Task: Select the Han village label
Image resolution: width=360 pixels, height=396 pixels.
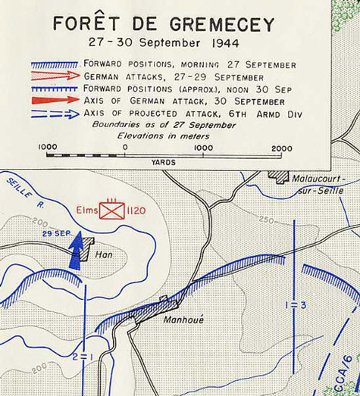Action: pos(104,255)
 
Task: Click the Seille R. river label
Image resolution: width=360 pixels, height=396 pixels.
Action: pos(23,192)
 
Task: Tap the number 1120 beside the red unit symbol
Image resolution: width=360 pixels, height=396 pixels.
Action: pos(136,210)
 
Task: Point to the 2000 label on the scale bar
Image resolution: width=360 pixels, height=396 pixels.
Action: pos(281,147)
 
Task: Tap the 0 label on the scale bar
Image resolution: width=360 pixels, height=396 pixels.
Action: pos(124,147)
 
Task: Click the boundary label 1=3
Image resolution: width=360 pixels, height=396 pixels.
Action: pos(296,304)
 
